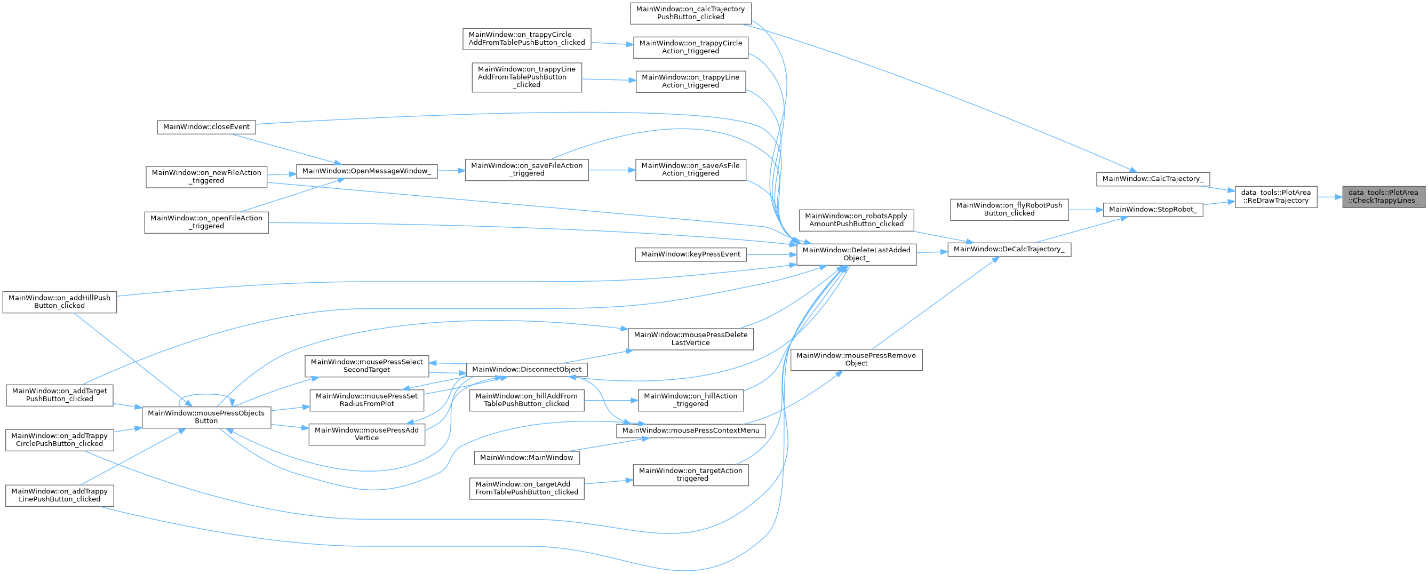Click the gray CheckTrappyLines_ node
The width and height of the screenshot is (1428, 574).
pos(1383,196)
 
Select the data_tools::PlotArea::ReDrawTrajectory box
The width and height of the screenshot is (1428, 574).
pos(1275,196)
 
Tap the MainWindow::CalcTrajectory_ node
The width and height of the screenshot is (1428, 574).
pos(1153,179)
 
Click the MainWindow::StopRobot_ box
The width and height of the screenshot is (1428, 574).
pos(1153,209)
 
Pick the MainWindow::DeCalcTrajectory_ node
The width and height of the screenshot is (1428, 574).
pos(1008,249)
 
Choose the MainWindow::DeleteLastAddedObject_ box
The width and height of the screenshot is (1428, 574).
pos(856,254)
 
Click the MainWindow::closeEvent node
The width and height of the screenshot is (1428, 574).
pos(206,126)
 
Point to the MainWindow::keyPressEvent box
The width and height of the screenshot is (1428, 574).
pos(690,254)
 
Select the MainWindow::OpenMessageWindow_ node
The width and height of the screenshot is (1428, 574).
pos(366,171)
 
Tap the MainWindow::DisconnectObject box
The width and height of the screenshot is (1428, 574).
pos(526,369)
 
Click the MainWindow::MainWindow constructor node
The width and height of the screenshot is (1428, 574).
pos(526,458)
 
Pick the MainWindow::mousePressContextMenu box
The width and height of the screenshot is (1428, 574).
pos(690,430)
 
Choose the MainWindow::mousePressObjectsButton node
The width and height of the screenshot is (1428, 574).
pos(206,417)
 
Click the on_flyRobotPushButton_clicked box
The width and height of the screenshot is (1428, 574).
pos(1009,209)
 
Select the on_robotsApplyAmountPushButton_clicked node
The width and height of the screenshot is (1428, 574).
pos(856,220)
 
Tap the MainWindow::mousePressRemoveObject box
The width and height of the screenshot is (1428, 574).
pos(856,360)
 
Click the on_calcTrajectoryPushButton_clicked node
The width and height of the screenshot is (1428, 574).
pos(690,13)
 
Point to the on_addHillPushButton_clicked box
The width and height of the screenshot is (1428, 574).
pos(59,302)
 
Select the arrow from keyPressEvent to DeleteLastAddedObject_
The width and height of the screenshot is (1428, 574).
pos(770,254)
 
